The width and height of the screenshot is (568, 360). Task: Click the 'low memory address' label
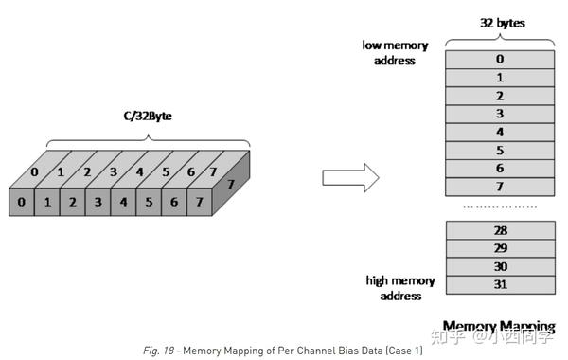click(x=396, y=53)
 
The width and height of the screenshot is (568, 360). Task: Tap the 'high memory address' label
click(x=400, y=289)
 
